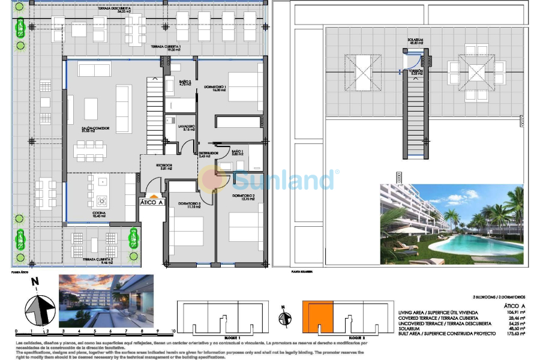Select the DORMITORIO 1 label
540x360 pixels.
click(x=214, y=88)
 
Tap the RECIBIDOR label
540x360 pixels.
click(x=164, y=166)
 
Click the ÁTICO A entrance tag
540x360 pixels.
click(x=152, y=202)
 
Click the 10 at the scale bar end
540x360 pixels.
click(x=172, y=331)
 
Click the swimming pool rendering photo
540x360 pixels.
click(x=451, y=224)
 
